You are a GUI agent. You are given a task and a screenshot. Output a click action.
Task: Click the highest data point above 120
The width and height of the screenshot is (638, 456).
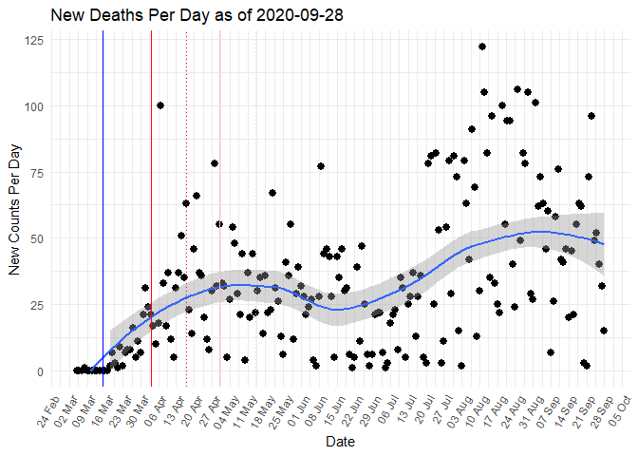point(482,47)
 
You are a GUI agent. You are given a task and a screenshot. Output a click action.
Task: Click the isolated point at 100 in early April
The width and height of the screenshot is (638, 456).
point(160,105)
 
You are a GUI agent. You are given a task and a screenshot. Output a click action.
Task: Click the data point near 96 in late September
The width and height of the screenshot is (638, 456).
point(591,116)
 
